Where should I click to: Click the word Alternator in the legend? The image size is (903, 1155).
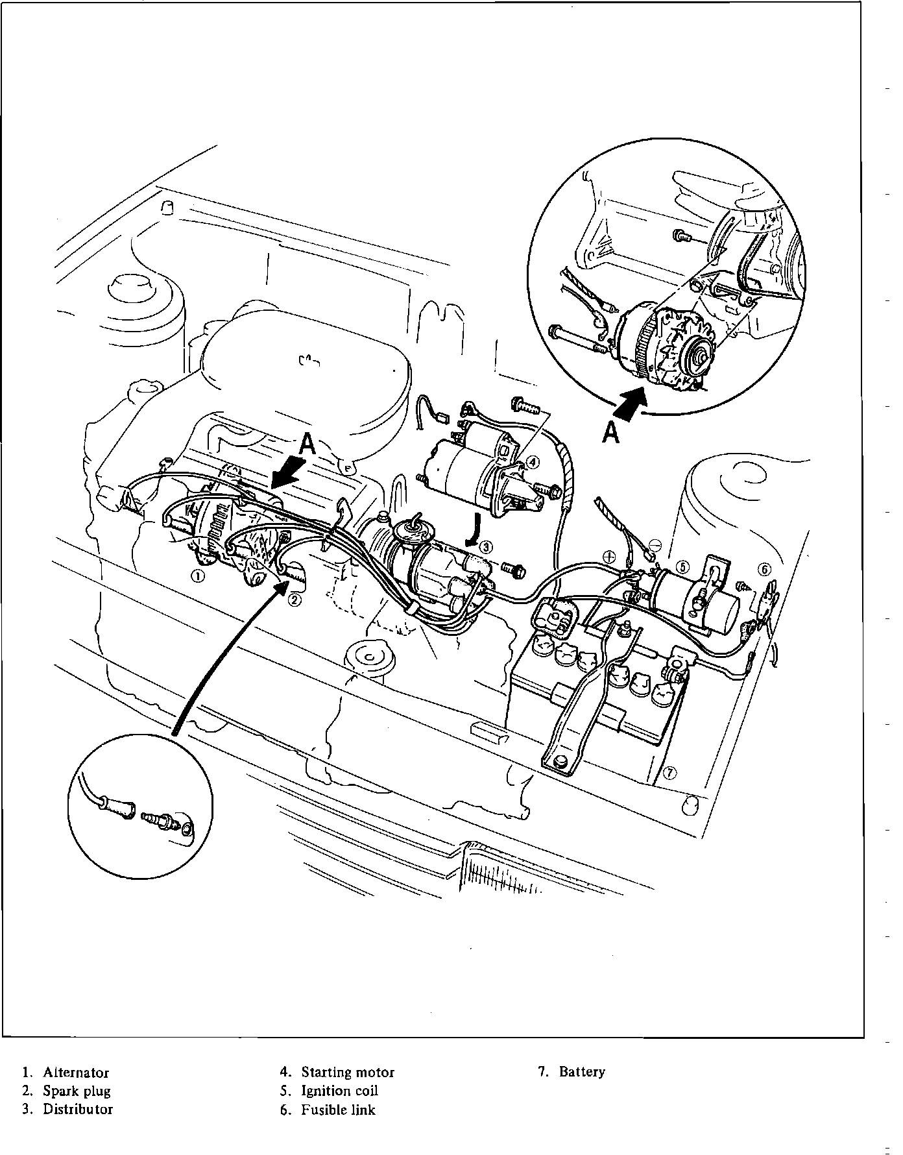tap(76, 1073)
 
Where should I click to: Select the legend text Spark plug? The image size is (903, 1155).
tap(77, 1091)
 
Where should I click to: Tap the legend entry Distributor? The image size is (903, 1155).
tap(78, 1109)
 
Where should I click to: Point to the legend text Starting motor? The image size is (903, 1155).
tap(348, 1073)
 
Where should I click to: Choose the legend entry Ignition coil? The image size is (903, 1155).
tap(339, 1091)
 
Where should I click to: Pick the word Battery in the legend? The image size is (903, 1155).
tap(582, 1072)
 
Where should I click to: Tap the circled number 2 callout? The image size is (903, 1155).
tap(295, 600)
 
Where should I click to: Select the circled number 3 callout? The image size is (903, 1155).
tap(487, 546)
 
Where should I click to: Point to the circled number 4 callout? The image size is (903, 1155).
tap(532, 462)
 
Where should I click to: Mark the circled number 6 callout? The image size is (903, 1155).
tap(765, 569)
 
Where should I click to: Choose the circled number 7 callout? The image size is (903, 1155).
tap(671, 772)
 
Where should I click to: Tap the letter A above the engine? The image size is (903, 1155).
tap(307, 444)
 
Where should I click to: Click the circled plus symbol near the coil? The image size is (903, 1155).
tap(608, 556)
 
